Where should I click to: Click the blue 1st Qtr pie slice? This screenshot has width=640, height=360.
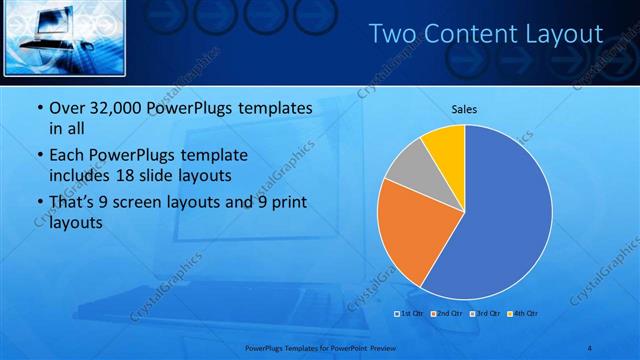point(505,220)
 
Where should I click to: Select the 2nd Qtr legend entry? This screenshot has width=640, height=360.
point(446,314)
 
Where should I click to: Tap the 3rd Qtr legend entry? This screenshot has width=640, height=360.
point(486,314)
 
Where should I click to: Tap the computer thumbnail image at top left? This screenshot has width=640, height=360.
point(64,36)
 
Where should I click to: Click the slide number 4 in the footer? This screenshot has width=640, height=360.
point(591,347)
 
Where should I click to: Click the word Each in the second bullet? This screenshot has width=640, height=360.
point(68,157)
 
